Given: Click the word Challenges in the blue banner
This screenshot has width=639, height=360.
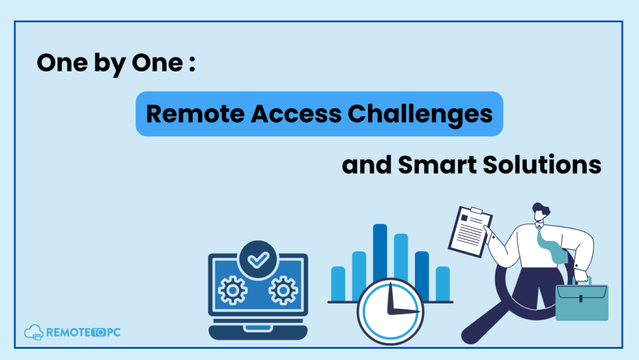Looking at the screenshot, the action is coord(420,114).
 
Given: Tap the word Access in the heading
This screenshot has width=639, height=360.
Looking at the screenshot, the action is coord(296,114).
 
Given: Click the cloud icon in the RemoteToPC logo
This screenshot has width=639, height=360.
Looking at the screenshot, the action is coord(34,332).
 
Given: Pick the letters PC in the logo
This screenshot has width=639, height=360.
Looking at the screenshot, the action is coord(114,332).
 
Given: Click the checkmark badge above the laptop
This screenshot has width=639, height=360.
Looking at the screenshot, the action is coord(258,259).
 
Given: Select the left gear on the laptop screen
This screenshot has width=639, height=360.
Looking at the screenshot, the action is coord(233,290).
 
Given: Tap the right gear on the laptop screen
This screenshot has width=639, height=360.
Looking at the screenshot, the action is coord(283,290).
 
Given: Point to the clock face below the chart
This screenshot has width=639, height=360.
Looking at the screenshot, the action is coord(391,311).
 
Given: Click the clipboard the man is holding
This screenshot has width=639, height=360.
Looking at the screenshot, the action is coord(471,231).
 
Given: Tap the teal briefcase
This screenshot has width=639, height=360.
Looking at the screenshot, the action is coord(582,299).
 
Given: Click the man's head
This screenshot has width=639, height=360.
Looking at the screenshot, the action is coord(541,212).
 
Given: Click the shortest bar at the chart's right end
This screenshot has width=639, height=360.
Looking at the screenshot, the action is coord(442,284).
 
